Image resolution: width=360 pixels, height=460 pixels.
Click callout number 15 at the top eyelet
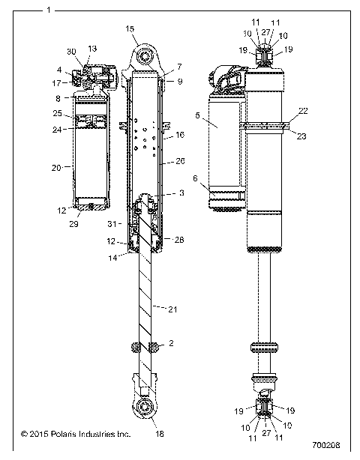(x=130, y=28)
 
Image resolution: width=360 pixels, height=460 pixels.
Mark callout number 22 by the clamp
(x=303, y=110)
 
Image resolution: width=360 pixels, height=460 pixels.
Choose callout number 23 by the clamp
(x=303, y=136)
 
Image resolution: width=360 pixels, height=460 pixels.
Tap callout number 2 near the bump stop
(x=172, y=344)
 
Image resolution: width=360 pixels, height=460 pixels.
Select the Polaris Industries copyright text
(x=76, y=434)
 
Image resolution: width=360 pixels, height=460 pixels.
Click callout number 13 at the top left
(x=92, y=49)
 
